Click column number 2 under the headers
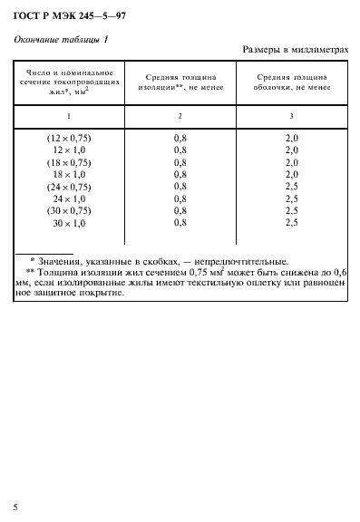[x=180, y=116]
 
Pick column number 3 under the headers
[x=292, y=116]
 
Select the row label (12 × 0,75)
[x=69, y=137]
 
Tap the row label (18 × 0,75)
[x=69, y=161]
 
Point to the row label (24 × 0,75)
[x=69, y=186]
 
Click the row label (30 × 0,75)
[x=69, y=210]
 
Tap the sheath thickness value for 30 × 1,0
[x=292, y=222]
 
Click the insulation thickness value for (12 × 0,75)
[x=180, y=137]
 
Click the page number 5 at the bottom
[x=15, y=504]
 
